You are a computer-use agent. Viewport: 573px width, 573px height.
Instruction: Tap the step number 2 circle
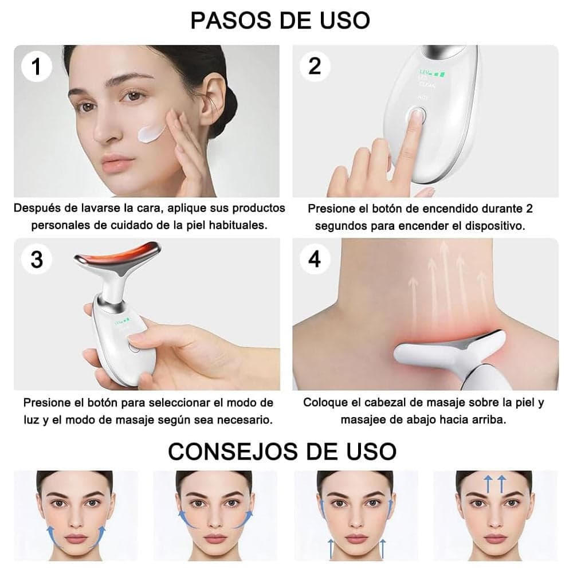(315, 66)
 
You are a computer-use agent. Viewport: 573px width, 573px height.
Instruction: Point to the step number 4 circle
(315, 259)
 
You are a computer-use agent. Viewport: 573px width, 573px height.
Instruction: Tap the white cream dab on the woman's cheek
(152, 134)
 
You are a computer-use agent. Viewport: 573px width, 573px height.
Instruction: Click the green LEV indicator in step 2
(426, 73)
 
